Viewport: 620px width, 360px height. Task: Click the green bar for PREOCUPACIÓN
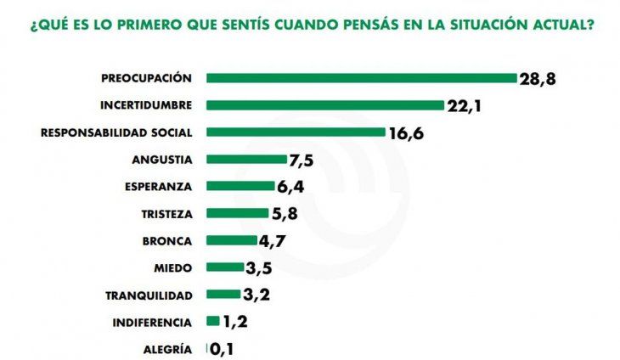(361, 78)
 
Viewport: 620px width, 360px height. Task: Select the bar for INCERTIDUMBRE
(325, 105)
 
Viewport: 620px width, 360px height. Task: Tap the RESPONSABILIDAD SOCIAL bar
(296, 132)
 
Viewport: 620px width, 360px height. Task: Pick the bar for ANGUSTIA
(246, 160)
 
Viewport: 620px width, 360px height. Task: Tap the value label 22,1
(464, 105)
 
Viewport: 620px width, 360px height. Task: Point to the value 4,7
(271, 240)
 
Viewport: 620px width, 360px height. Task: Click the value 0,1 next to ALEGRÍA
(221, 349)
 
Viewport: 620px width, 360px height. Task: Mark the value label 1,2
(234, 322)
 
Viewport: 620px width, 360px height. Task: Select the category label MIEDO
(173, 267)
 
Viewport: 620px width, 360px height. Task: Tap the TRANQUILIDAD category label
(149, 295)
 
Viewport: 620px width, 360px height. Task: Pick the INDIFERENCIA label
(153, 322)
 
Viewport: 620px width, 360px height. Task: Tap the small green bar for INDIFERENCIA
(212, 321)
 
